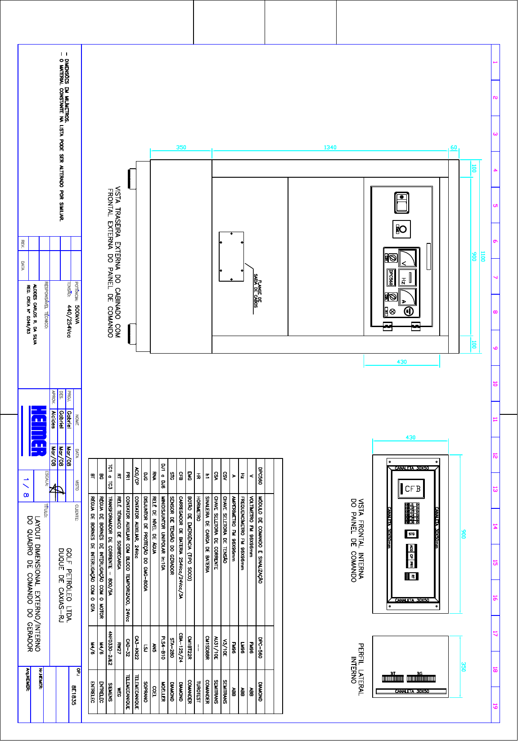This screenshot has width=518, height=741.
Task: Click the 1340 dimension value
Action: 330,148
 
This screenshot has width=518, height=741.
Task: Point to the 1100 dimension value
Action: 482,256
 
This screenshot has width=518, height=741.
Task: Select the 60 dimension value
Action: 454,148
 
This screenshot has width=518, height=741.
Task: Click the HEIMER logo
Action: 39,431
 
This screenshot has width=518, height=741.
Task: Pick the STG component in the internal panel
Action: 412,534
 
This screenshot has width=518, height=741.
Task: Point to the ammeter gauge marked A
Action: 407,297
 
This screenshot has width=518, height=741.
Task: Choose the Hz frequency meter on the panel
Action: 407,278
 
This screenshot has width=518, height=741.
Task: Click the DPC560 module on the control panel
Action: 392,277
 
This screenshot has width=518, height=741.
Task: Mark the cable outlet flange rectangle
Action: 231,256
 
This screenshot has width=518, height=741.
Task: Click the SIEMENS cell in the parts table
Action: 110,692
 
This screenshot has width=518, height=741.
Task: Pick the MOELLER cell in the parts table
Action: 163,692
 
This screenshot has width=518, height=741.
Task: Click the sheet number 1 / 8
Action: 26,488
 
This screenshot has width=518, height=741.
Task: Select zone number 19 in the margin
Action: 495,706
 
